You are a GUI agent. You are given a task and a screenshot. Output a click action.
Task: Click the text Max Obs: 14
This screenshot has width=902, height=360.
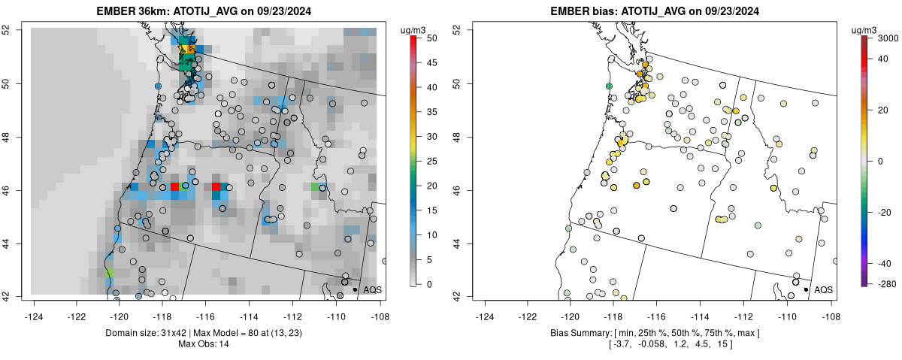207,344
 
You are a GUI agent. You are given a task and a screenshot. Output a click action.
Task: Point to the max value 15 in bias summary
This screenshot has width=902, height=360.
723,344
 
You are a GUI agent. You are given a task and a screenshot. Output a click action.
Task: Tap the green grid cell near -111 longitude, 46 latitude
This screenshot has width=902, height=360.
316,186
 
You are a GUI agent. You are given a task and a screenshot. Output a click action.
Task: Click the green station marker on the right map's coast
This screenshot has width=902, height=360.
609,86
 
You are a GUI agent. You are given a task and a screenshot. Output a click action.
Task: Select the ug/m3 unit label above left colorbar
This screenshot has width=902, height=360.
414,29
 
